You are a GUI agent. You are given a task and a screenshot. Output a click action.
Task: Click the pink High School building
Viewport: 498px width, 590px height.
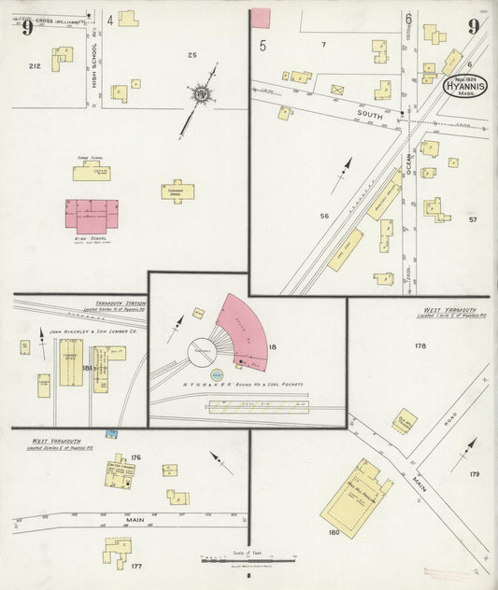tap(91, 218)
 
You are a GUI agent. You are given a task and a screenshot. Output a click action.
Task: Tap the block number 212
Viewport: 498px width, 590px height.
tap(36, 66)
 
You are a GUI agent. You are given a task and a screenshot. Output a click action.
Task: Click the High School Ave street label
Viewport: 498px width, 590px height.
tap(96, 70)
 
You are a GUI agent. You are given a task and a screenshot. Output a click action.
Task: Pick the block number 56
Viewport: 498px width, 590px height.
tap(325, 217)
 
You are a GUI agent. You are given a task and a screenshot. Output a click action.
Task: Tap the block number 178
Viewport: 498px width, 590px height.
tap(420, 345)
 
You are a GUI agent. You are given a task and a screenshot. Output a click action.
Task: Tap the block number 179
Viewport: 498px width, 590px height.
tap(474, 474)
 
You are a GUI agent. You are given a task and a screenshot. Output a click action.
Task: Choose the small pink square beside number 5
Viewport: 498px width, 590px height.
tap(262, 17)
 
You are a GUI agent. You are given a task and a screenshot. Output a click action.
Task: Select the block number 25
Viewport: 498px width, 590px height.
tap(192, 56)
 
